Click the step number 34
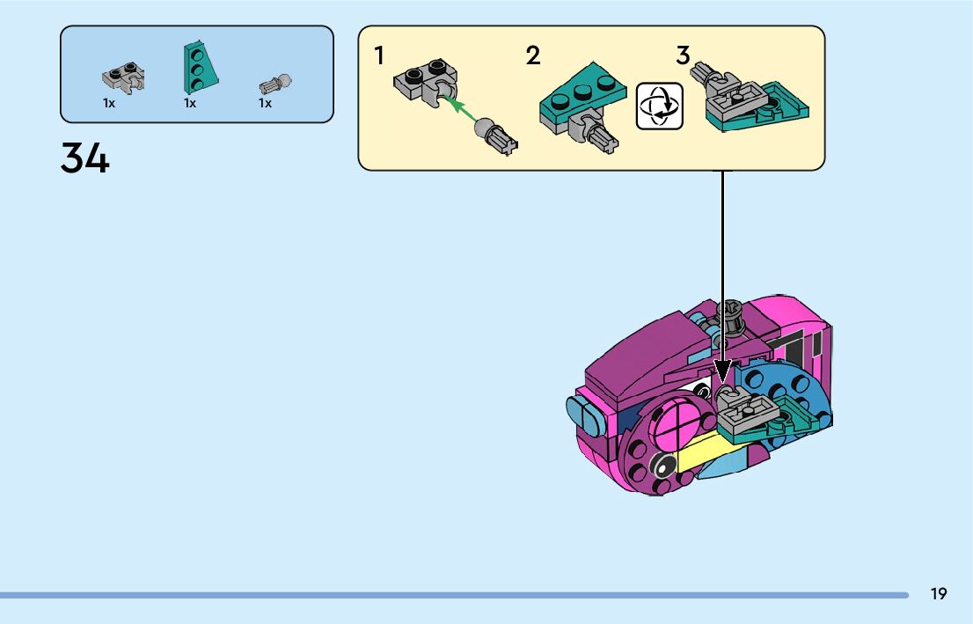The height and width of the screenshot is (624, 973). [85, 158]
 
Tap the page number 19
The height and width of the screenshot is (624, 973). [939, 594]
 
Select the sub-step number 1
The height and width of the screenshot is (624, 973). [379, 56]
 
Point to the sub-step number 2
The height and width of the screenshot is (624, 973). [533, 56]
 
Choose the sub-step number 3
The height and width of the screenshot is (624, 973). [684, 55]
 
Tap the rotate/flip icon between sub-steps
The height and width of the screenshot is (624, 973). [660, 106]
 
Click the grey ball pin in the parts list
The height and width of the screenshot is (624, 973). [274, 84]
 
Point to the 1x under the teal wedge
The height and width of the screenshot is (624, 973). [189, 103]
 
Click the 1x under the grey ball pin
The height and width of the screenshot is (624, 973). [265, 103]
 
